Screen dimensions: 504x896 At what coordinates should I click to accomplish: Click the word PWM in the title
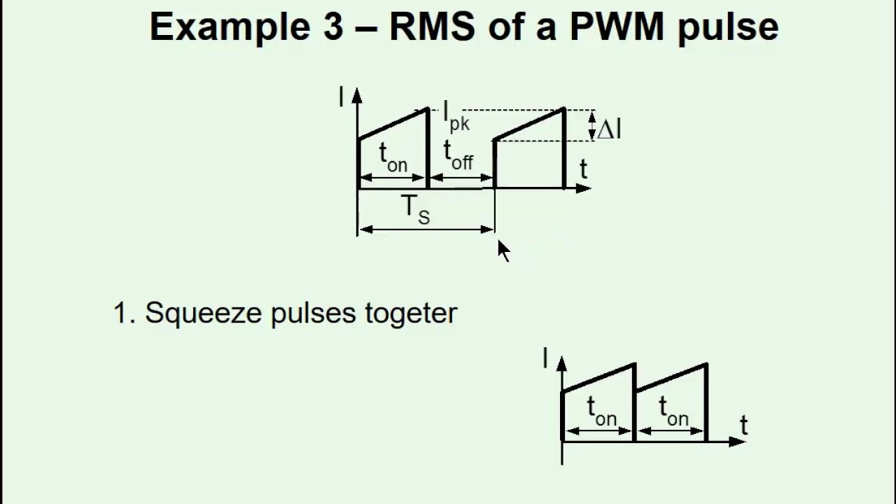(617, 27)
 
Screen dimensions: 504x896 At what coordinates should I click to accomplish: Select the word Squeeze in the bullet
(204, 313)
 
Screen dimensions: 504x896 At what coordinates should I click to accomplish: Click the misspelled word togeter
(411, 313)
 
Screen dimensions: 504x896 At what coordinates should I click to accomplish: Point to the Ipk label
(456, 116)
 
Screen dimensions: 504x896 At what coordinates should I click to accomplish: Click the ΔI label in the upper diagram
(608, 129)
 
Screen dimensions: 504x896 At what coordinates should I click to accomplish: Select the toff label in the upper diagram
(458, 155)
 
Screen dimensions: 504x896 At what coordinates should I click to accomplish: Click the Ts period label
(415, 209)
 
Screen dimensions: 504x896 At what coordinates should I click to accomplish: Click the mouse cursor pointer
(504, 251)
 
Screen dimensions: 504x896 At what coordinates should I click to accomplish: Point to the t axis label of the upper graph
(583, 169)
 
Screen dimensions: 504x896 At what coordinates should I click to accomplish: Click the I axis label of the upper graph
(341, 97)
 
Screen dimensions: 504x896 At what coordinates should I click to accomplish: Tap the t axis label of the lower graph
(743, 425)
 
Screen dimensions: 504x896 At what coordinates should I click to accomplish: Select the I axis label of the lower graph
(545, 359)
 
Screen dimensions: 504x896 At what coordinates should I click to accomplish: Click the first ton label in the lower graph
(601, 410)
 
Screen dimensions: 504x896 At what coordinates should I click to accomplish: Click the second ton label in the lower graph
(673, 410)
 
